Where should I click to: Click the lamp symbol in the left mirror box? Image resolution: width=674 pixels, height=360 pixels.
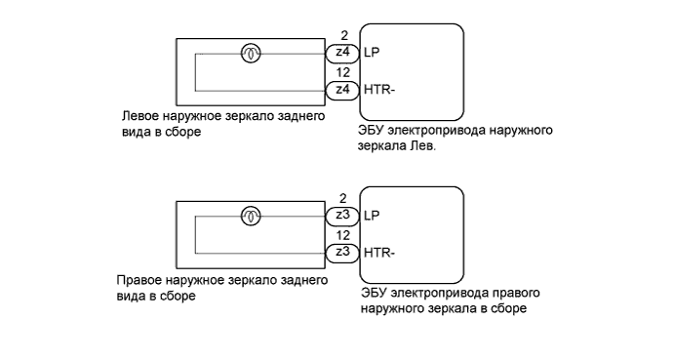[x=251, y=54]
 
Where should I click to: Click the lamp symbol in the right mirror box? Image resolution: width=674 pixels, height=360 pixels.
[x=251, y=215]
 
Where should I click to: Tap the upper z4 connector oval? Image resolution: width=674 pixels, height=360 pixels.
[x=342, y=53]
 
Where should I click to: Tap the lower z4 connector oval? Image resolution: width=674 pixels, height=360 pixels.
[x=342, y=89]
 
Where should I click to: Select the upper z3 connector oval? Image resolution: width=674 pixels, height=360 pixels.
[x=342, y=215]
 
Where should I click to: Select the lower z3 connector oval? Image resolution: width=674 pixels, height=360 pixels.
[x=342, y=251]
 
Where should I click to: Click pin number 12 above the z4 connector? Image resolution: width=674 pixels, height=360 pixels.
[x=342, y=73]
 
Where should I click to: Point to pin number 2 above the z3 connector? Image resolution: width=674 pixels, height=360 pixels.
[x=342, y=199]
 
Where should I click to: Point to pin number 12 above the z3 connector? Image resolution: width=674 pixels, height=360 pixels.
[x=342, y=235]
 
